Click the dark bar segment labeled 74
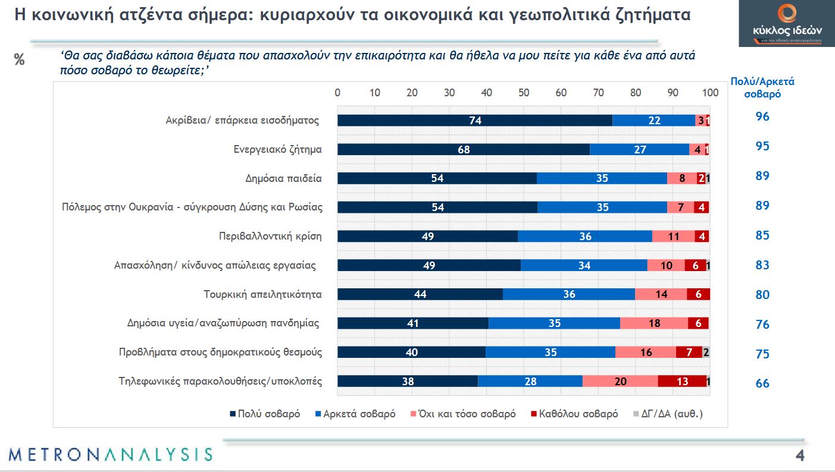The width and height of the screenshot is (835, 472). point(474,120)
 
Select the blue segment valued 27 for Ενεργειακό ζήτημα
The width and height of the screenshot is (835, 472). point(640,150)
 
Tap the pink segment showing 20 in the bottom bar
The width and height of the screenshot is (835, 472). point(620,382)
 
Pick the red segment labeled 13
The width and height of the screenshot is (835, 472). point(682,382)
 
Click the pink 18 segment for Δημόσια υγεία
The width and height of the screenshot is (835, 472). point(653,323)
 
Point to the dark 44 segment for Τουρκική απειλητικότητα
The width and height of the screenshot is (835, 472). point(420,294)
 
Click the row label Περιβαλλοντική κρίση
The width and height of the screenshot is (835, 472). point(270,236)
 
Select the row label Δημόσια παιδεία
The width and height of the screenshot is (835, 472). point(283,178)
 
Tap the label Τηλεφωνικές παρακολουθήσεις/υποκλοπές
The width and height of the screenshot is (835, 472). point(221,382)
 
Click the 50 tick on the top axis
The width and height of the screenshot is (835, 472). point(524,93)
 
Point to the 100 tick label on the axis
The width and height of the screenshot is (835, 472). point(709,93)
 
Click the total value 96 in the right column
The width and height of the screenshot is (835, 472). point(762,117)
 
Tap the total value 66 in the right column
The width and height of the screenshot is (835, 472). point(762,383)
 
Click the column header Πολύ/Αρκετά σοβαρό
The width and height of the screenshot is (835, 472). point(762,87)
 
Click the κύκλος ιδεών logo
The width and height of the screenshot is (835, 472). point(786,24)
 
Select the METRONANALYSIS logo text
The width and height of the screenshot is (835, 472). point(111,455)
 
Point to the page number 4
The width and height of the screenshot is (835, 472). point(800,456)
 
